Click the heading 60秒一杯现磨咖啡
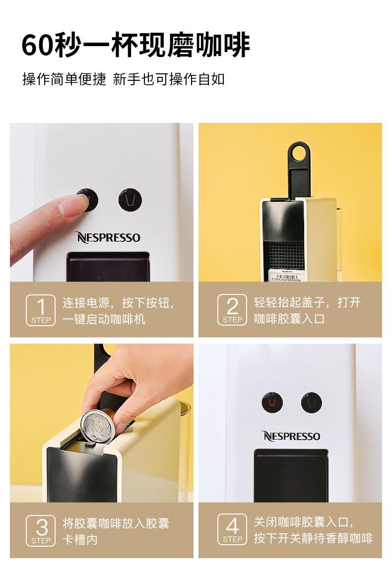135,45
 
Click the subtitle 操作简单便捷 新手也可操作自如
124,79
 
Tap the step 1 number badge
41,310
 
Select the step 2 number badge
232,310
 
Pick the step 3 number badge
41,530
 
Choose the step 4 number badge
232,530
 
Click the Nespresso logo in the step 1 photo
108,237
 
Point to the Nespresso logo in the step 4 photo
291,436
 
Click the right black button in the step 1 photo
130,200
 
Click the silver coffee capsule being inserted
98,425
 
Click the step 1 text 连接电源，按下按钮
118,302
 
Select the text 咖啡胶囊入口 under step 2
289,319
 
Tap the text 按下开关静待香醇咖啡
313,538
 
